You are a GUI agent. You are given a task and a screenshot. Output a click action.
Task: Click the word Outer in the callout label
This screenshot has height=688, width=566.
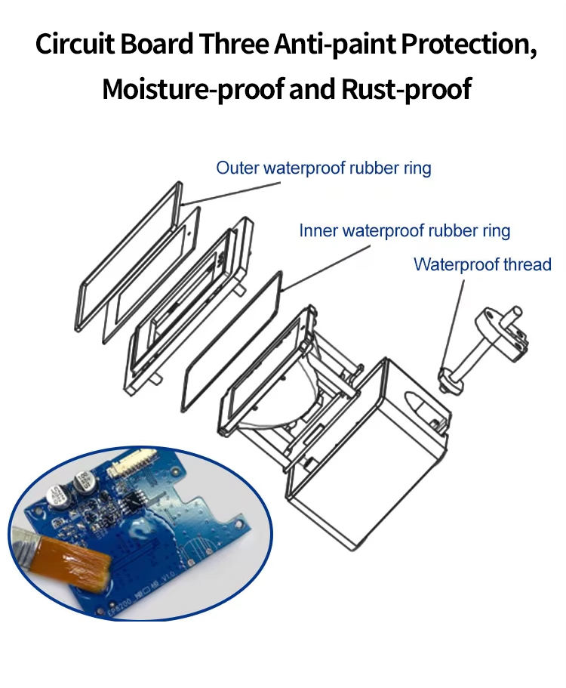point(236,168)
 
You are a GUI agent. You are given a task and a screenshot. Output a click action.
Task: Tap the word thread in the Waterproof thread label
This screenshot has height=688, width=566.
point(528,265)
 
